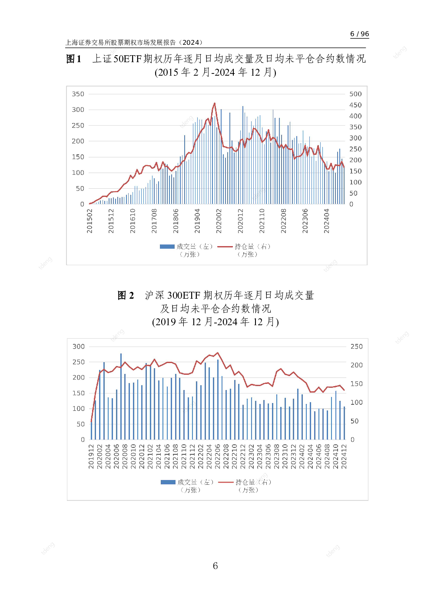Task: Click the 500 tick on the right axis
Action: (x=355, y=94)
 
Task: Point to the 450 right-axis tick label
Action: (x=355, y=105)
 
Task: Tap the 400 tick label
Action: (x=355, y=116)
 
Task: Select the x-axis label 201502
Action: (x=90, y=221)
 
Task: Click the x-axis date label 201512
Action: (x=111, y=221)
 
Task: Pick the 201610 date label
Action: (x=133, y=221)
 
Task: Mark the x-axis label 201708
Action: (x=154, y=221)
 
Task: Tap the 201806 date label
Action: (x=176, y=221)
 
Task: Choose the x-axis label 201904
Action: (x=197, y=221)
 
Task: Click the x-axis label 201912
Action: (x=91, y=456)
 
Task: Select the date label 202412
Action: (x=344, y=456)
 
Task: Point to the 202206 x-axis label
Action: (x=218, y=456)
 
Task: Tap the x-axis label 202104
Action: (x=159, y=456)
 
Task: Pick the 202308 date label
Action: (x=277, y=456)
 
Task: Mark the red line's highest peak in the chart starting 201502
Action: (x=215, y=103)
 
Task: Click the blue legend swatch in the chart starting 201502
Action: (x=167, y=247)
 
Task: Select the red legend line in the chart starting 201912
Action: (x=225, y=482)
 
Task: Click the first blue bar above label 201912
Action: (x=91, y=430)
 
